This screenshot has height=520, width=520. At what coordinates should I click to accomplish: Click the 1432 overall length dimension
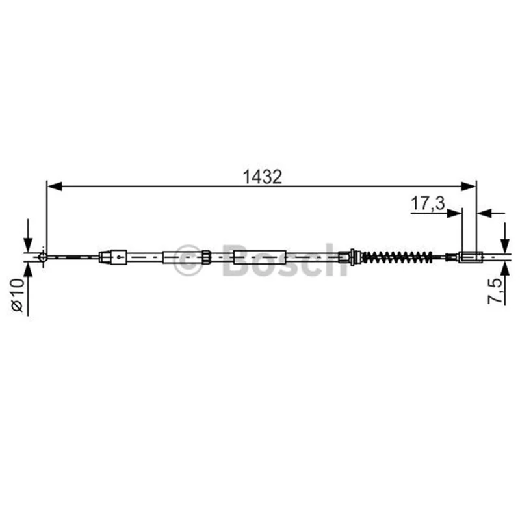pos(263,177)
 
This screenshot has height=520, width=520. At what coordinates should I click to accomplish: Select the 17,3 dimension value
pos(428,203)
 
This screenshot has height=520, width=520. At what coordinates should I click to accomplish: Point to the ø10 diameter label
pos(18,294)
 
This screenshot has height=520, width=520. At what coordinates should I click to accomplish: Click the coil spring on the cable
pos(396,257)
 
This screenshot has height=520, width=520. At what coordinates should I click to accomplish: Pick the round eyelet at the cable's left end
pos(43,257)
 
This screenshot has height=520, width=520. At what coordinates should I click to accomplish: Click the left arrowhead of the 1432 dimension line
pos(55,187)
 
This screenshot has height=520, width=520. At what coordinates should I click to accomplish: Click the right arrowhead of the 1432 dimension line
pos(468,187)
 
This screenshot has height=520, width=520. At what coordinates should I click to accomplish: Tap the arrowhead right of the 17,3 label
pos(454,213)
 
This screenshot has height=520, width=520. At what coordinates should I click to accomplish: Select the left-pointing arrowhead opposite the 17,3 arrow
pos(484,213)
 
